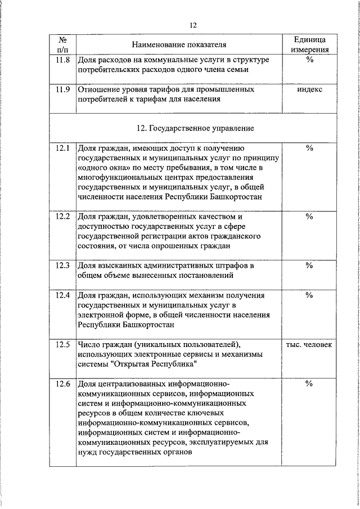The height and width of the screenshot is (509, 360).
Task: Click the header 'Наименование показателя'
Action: click(x=179, y=44)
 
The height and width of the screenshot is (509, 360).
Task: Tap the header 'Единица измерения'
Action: click(x=309, y=44)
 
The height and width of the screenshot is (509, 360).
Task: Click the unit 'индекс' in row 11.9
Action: click(x=309, y=89)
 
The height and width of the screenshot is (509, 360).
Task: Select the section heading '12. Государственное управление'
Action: click(x=195, y=128)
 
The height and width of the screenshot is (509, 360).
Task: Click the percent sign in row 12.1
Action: click(x=309, y=148)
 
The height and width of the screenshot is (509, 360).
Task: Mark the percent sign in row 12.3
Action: click(x=309, y=265)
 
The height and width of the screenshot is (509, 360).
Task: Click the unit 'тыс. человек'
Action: click(x=309, y=344)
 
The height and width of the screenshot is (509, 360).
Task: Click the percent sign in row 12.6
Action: click(x=309, y=384)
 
